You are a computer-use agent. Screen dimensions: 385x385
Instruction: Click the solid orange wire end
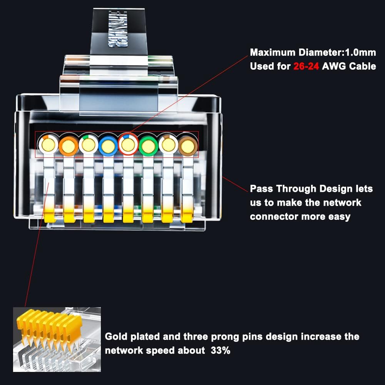(68, 145)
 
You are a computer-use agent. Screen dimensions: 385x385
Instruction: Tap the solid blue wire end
(108, 145)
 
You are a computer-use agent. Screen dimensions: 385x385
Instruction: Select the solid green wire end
(148, 145)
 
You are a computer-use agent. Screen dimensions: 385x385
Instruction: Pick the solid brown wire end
(187, 145)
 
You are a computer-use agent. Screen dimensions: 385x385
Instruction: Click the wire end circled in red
(128, 145)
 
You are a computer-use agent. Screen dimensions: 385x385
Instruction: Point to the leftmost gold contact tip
(49, 218)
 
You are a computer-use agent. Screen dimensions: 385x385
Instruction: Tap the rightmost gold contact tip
(187, 218)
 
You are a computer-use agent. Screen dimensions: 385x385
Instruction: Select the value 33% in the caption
(220, 350)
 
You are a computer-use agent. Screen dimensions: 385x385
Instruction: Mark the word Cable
(362, 66)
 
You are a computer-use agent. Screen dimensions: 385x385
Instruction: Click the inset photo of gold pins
(57, 339)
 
